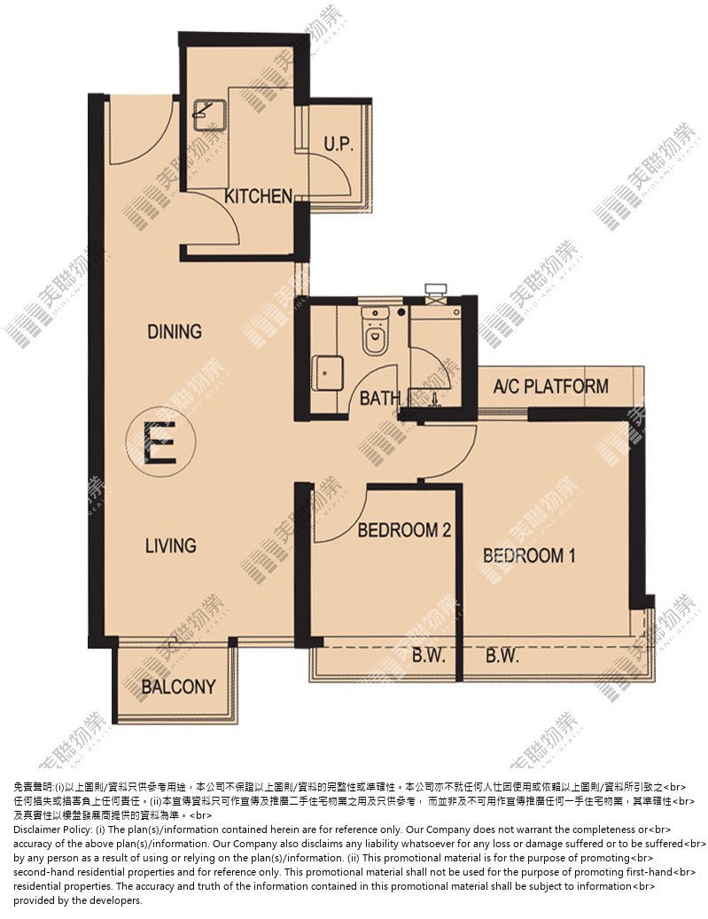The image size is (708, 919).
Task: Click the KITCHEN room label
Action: tap(259, 196)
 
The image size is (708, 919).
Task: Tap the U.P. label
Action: tap(338, 144)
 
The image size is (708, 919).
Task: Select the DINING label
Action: tap(175, 331)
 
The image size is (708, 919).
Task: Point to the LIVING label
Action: tap(170, 546)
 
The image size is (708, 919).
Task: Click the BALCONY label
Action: tap(179, 686)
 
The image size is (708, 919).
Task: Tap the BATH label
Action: tap(380, 399)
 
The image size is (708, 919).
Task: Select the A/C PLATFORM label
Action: tap(551, 386)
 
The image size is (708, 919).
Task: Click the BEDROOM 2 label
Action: tap(404, 531)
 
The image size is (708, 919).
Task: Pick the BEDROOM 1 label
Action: tap(529, 555)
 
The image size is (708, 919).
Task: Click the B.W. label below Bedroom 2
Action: tap(429, 655)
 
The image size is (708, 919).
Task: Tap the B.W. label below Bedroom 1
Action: tap(502, 655)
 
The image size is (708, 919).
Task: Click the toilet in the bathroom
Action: tap(375, 331)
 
